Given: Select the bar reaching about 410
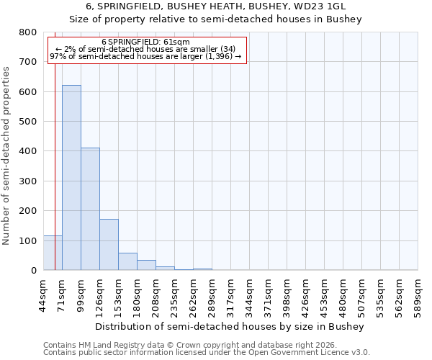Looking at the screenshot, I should pyautogui.click(x=90, y=209).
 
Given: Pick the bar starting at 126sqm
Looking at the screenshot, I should pyautogui.click(x=109, y=245).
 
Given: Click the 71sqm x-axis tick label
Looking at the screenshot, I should pyautogui.click(x=62, y=292).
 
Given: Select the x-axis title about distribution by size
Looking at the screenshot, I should pyautogui.click(x=230, y=326).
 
